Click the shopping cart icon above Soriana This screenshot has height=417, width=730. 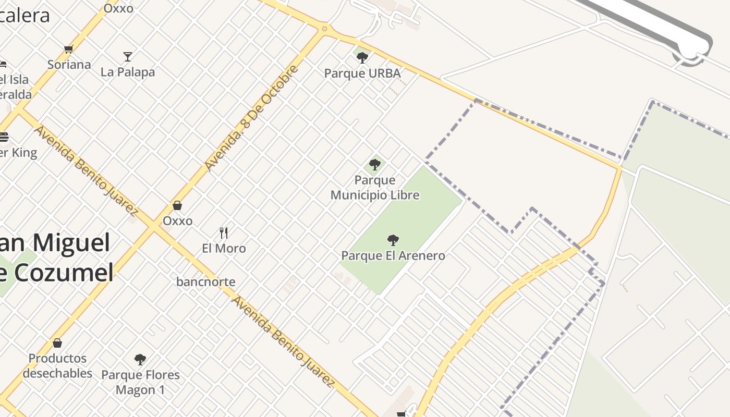coord(68,50)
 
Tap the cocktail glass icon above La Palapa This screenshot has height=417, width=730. coord(128,56)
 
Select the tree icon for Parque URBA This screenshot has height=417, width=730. coord(362,57)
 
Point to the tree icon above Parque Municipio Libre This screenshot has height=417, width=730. coord(374,165)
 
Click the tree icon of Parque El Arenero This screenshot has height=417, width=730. coord(393,240)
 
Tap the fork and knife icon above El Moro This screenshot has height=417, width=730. coord(224,232)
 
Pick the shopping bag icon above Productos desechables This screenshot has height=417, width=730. coord(57,343)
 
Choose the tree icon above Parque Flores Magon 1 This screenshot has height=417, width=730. coord(140,359)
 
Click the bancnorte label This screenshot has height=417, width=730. coord(206,282)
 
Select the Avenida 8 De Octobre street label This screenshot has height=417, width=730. coord(252,118)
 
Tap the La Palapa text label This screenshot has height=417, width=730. coord(128,72)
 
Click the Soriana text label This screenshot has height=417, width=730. coord(69,65)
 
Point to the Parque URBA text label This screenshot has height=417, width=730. coord(362,73)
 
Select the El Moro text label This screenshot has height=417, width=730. coord(224,248)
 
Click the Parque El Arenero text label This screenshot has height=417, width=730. coord(393,255)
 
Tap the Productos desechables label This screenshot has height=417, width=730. coord(57,366)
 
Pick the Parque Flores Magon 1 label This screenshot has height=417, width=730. coord(140,382)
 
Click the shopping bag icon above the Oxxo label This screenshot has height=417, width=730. coord(177,205)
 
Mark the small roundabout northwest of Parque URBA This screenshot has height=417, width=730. coord(324,29)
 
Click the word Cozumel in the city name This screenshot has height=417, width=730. coord(63,273)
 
